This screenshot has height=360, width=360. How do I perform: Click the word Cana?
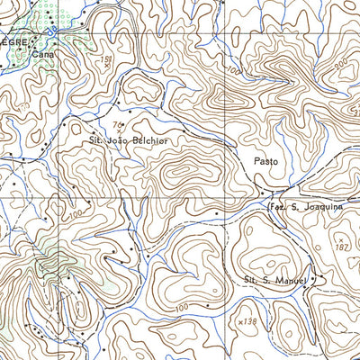tap(42, 54)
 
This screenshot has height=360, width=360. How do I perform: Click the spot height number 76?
tap(117, 124)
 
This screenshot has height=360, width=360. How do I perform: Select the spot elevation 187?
tap(340, 247)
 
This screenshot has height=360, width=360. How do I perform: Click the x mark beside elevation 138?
tap(238, 320)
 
